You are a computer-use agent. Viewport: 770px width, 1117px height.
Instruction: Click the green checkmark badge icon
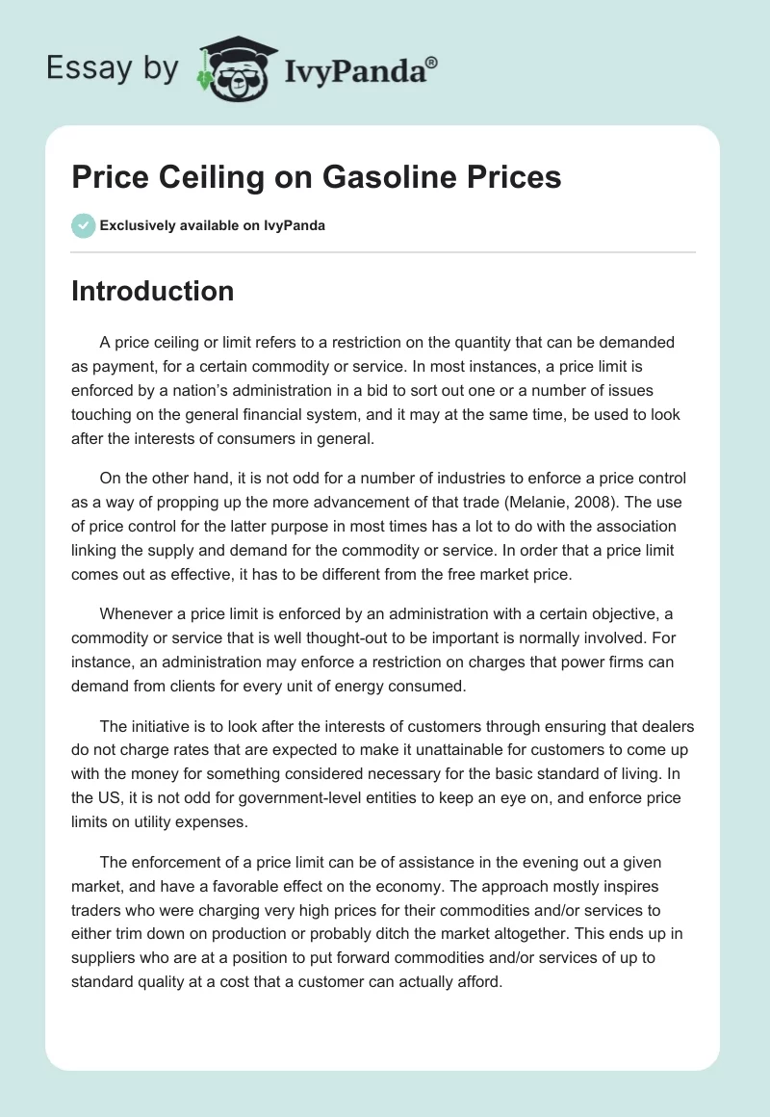coord(83,225)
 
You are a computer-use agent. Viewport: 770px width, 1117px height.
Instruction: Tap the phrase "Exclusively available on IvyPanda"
coord(213,226)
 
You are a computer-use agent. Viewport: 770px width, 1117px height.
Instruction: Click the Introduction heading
coord(152,291)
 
